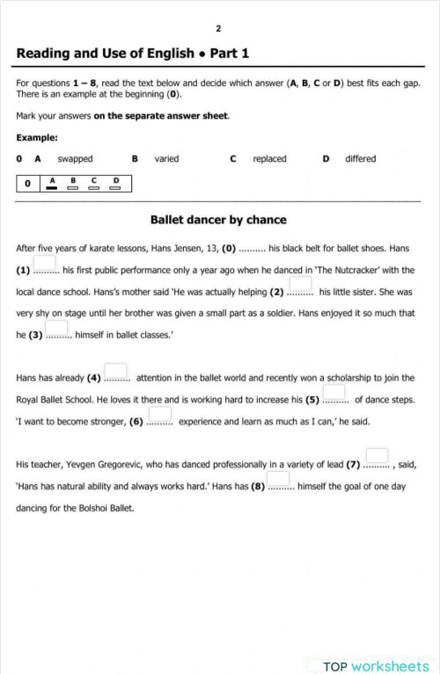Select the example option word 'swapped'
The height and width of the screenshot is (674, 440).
pos(75,159)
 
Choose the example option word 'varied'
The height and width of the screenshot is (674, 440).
pos(166,159)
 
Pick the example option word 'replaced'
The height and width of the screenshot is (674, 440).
pos(269,159)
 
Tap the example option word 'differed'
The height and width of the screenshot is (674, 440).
pos(360,159)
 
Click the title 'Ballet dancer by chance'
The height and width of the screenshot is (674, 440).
pos(218,220)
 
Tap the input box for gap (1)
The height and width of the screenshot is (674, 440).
pos(45,263)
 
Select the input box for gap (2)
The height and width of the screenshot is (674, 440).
pos(300,285)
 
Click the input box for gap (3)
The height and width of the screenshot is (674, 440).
pos(57,329)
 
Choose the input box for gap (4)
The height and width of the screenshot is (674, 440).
pos(116,372)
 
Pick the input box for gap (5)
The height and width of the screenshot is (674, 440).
pos(334,393)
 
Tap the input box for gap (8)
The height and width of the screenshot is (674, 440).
pos(278,480)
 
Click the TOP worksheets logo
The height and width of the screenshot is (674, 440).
pos(376,666)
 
